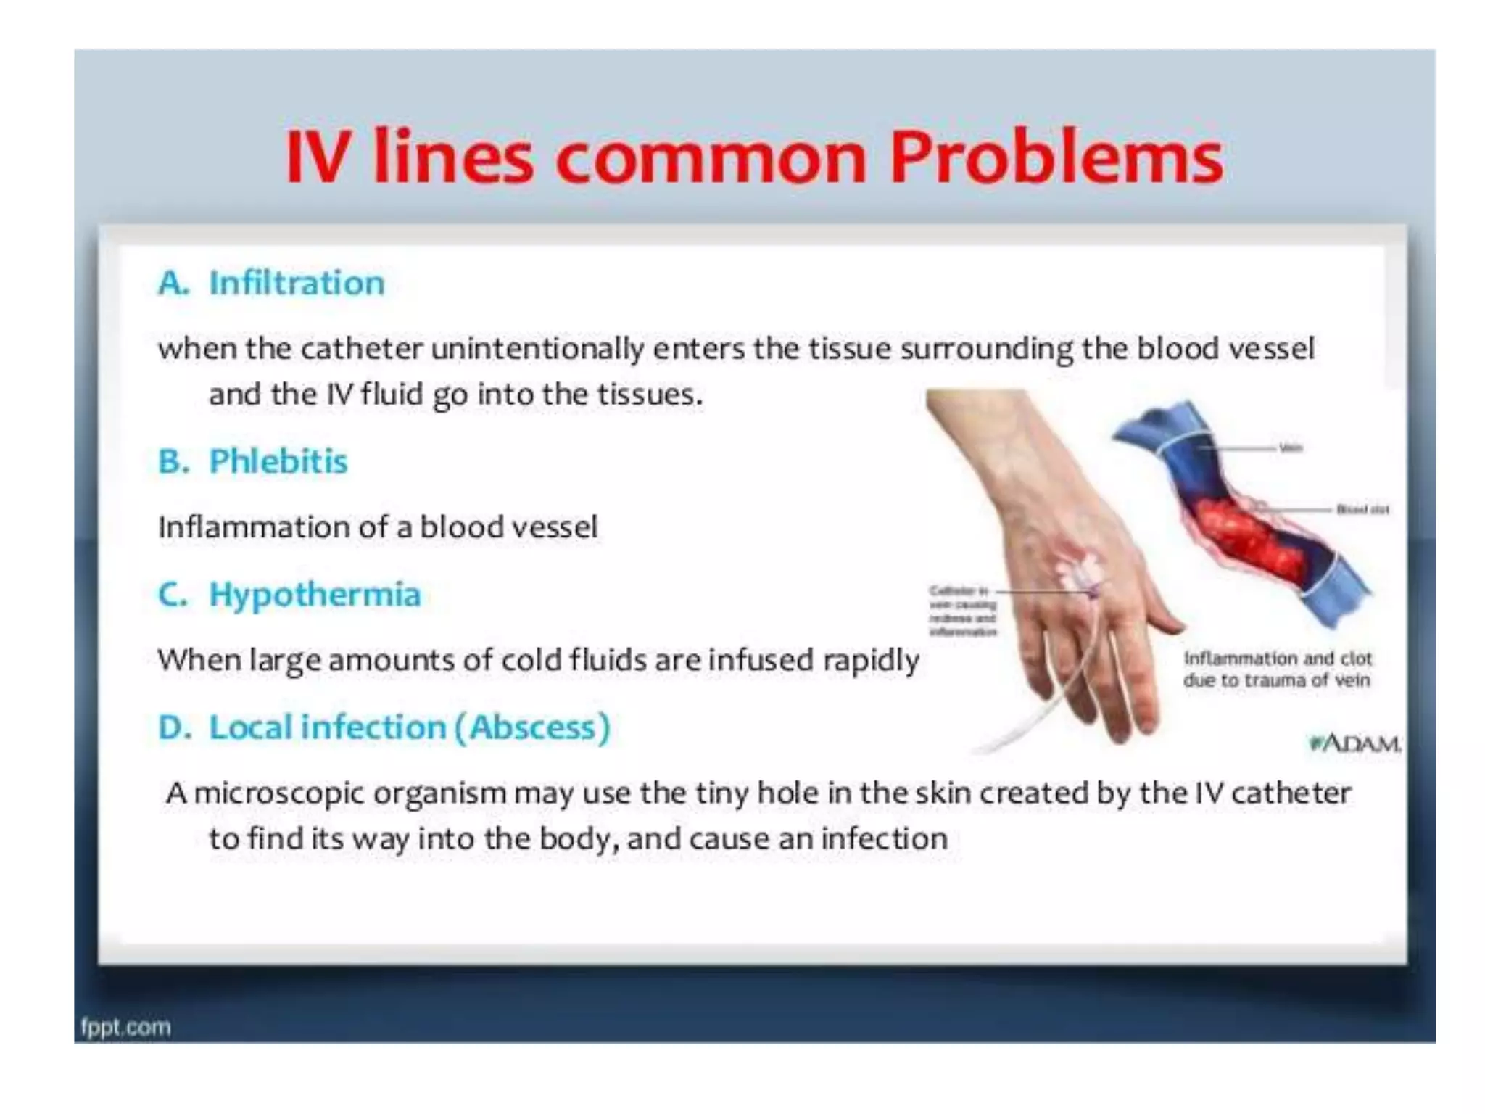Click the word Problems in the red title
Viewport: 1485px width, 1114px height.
1056,157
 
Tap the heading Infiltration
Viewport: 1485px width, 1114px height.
297,283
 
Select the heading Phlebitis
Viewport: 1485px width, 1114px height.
278,461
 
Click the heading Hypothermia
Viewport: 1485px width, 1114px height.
315,595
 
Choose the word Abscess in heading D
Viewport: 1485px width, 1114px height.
533,727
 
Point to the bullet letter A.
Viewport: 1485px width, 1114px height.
173,283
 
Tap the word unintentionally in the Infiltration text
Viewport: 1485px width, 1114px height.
537,349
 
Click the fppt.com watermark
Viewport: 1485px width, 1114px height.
125,1027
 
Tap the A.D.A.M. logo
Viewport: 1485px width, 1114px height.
1354,744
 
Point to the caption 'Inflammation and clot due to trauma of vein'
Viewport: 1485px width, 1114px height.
1277,669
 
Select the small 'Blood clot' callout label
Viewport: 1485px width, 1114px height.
1362,510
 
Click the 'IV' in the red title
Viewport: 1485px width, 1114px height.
316,157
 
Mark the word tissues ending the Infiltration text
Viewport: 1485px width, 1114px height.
649,395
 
